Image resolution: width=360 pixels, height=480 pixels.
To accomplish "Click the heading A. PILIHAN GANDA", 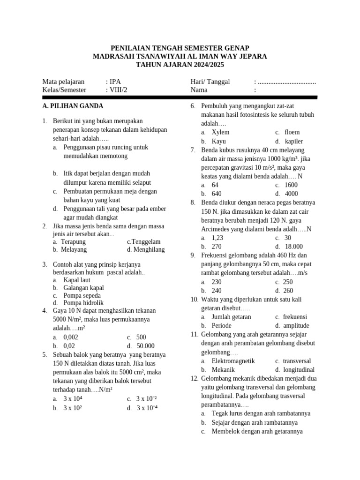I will point(73,106).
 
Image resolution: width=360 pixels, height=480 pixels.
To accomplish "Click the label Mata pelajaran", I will point(63,82).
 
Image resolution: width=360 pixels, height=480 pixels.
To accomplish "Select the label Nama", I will point(199,90).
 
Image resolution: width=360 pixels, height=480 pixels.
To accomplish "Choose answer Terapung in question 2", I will point(74,241).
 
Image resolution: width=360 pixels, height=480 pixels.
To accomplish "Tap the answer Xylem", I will point(220,132).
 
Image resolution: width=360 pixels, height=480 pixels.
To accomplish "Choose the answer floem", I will point(292,132).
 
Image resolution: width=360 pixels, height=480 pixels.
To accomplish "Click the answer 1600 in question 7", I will point(291,185).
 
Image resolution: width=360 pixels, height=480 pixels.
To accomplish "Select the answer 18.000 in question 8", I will point(294,246).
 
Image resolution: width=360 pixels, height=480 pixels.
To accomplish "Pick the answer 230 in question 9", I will point(217,282).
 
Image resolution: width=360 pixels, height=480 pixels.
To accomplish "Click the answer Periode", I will point(222,325).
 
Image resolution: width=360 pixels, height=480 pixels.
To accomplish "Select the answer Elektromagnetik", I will point(233,361).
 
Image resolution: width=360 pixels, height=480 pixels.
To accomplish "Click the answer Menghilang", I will point(149,249).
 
